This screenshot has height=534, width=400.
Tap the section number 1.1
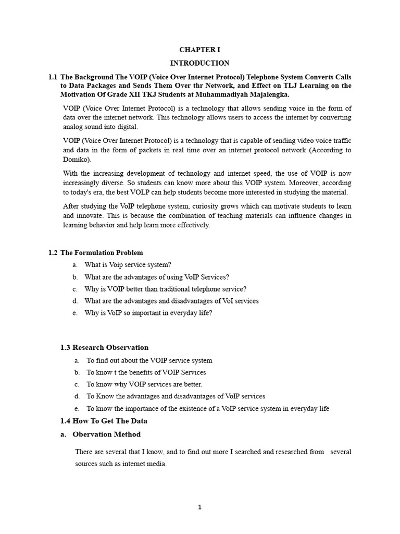pos(53,77)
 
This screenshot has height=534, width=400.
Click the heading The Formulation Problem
pos(102,253)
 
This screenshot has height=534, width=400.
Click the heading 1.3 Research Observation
pos(104,347)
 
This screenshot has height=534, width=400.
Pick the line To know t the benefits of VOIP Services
pos(146,372)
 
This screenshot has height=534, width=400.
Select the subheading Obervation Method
pos(106,434)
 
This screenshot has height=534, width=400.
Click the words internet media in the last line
pos(147,464)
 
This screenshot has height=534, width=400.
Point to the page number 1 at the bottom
pos(199,506)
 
